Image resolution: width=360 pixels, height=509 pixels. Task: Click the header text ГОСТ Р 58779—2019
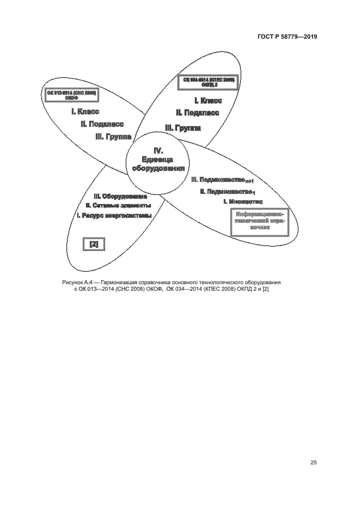[288, 37]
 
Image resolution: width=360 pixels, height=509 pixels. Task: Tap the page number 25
[313, 463]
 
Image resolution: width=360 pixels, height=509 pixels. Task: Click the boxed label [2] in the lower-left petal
[93, 244]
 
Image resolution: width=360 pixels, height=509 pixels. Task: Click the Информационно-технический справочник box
[259, 223]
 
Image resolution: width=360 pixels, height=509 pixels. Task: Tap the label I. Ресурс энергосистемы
[113, 216]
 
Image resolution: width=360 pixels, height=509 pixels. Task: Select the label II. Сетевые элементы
[118, 206]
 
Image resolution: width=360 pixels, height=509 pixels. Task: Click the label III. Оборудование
[120, 196]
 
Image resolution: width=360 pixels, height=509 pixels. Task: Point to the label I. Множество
[243, 202]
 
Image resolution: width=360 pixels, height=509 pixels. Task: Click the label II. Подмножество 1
[227, 192]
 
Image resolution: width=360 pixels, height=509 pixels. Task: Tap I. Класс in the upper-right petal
[208, 101]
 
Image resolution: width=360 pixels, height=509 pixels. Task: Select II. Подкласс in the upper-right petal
[197, 113]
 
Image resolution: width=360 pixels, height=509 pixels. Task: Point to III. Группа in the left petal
[113, 137]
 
